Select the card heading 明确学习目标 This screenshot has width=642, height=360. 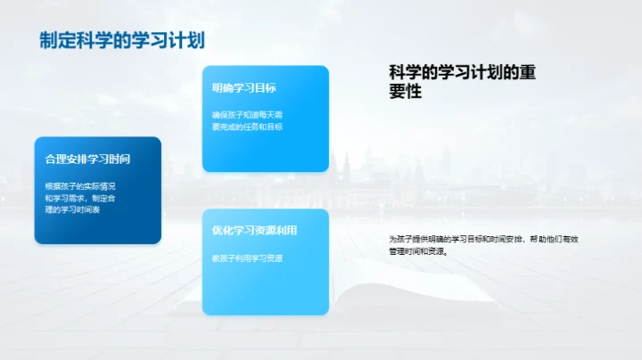(243, 87)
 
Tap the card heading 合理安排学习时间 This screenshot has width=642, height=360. (88, 159)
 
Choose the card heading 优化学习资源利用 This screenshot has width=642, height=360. (254, 230)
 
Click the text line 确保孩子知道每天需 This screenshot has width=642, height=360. (247, 115)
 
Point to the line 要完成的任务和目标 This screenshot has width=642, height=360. (247, 127)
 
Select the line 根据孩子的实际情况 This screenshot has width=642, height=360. (81, 186)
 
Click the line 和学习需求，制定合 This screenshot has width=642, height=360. (81, 198)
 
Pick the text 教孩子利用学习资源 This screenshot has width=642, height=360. (247, 258)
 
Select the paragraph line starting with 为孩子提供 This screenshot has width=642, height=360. (490, 239)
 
